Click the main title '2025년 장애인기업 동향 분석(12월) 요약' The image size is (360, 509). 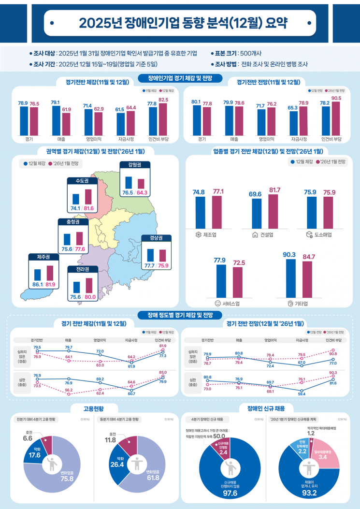click(180, 22)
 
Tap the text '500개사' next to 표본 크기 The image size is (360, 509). click(251, 53)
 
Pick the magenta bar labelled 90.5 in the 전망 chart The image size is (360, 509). click(336, 116)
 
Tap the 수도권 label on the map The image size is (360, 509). click(79, 181)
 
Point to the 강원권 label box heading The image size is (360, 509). click(135, 165)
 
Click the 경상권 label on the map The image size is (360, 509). click(157, 238)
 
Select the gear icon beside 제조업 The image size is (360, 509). click(198, 235)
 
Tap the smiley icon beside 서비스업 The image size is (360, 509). click(217, 304)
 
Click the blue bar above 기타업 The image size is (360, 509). click(290, 278)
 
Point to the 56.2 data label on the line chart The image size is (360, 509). click(69, 390)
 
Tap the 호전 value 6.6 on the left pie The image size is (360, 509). click(28, 438)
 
